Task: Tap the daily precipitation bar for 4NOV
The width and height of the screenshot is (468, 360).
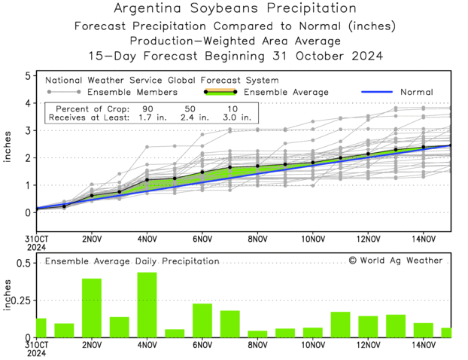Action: [147, 304]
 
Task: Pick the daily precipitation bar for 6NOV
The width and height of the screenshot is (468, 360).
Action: [202, 320]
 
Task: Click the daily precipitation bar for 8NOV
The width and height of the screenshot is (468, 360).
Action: [257, 334]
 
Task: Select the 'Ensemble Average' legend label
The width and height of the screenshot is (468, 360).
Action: [287, 92]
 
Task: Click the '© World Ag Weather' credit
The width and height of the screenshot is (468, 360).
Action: [396, 261]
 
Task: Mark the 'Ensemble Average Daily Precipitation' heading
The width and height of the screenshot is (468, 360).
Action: [132, 261]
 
